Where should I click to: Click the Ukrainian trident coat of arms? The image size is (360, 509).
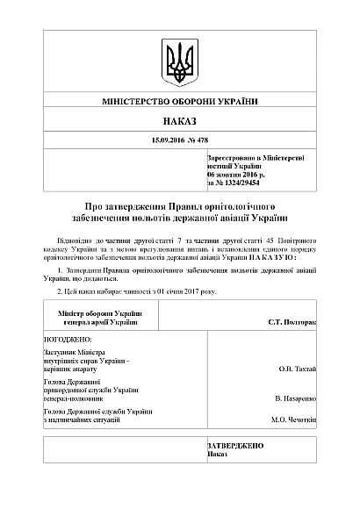pos(179,60)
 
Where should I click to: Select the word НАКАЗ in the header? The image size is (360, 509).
pos(179,121)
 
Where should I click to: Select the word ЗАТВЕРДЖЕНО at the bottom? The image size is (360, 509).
pos(234,446)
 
